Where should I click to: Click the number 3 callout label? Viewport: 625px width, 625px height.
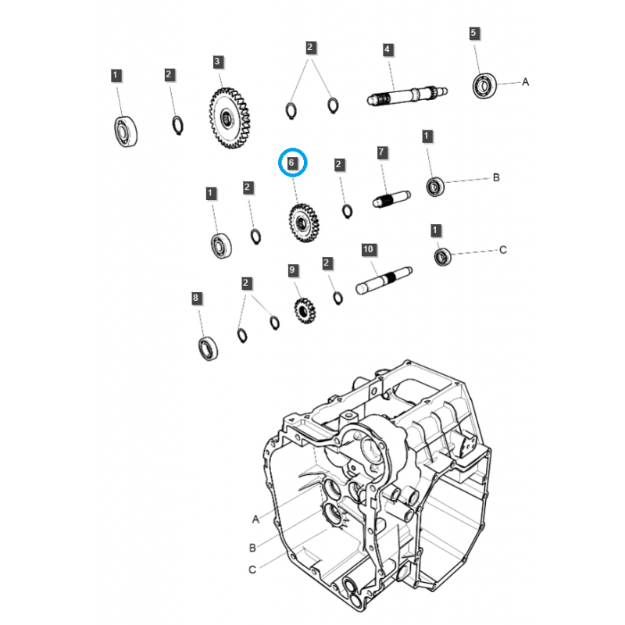tap(218, 61)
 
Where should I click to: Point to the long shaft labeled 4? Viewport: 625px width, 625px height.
tap(408, 97)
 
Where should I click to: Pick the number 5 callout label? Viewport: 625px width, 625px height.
tap(473, 34)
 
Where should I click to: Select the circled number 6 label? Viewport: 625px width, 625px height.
tap(291, 163)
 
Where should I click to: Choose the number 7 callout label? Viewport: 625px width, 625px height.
tap(382, 152)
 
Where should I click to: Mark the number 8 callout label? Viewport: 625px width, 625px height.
tap(196, 298)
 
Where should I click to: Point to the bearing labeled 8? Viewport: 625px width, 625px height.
tap(208, 348)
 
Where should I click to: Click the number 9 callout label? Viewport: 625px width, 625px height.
tap(293, 270)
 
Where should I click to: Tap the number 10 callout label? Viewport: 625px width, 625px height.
tap(369, 249)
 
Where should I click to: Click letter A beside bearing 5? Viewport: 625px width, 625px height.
tap(525, 81)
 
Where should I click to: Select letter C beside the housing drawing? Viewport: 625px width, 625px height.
tap(252, 570)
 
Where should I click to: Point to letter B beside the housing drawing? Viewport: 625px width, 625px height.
tap(252, 547)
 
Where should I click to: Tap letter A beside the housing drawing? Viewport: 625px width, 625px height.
tap(255, 518)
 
